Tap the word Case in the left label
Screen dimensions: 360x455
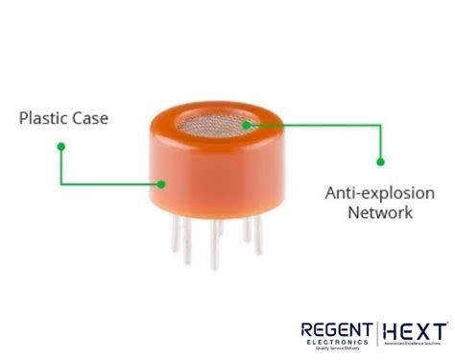(x=90, y=119)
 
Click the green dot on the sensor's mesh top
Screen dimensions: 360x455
(x=248, y=123)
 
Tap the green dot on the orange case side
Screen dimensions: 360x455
(x=160, y=182)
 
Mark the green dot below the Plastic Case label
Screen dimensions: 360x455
(x=60, y=146)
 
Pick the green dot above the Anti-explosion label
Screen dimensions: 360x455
(x=380, y=161)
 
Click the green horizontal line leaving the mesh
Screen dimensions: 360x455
(x=317, y=123)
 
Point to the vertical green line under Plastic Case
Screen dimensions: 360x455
(x=60, y=165)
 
